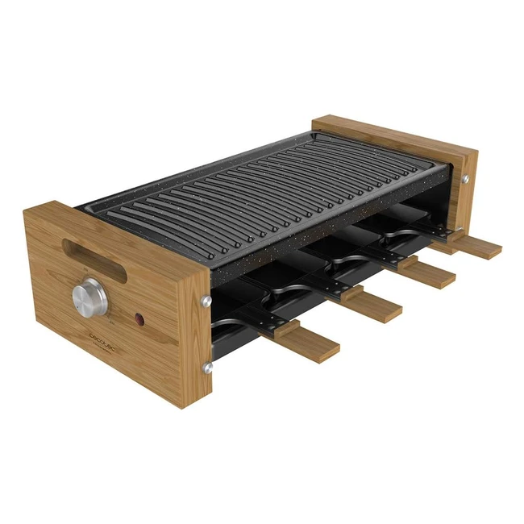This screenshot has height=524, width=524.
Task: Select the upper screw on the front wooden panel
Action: pyautogui.click(x=206, y=300)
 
